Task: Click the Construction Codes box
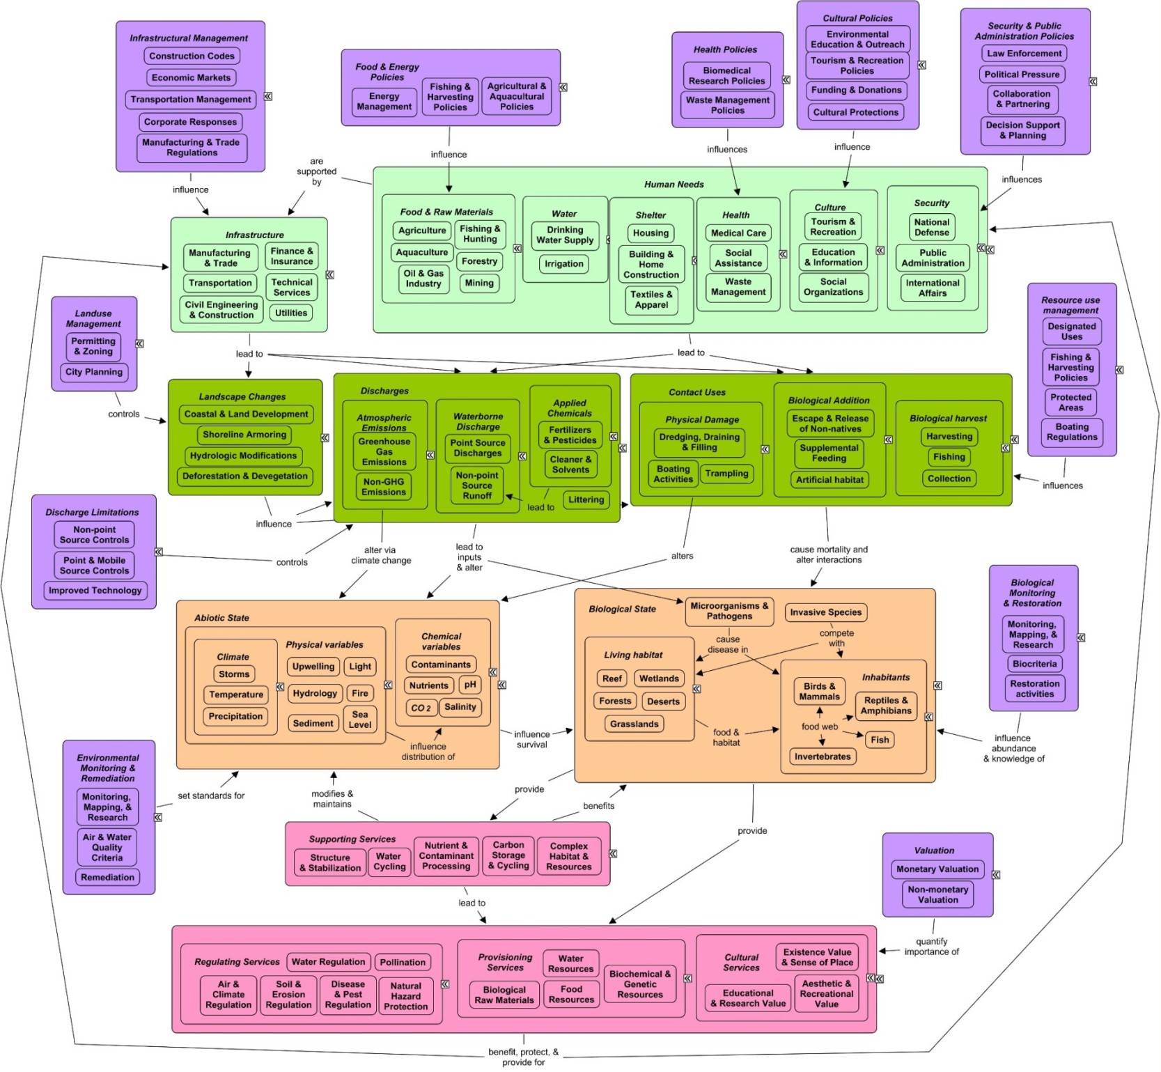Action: pos(192,56)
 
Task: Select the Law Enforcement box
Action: pos(1024,54)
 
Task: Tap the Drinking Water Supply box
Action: pos(565,235)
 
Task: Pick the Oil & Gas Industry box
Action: pos(423,279)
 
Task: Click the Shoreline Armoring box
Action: pos(244,435)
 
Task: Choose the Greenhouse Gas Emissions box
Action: pos(384,451)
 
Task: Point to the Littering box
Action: pos(586,499)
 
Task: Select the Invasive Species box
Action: pos(825,612)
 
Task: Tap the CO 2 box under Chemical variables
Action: pos(421,708)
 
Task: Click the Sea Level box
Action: pos(359,720)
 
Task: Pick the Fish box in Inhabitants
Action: pos(880,740)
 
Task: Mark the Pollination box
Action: pos(403,962)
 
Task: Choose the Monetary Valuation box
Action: pos(937,869)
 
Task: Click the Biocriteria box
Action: pos(1034,664)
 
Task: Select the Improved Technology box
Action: pos(95,590)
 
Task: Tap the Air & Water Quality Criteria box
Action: pos(107,847)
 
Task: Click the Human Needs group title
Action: pos(673,185)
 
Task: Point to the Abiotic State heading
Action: pos(221,618)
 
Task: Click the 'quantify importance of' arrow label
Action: pos(931,947)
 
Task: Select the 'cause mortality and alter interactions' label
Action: pos(829,554)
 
